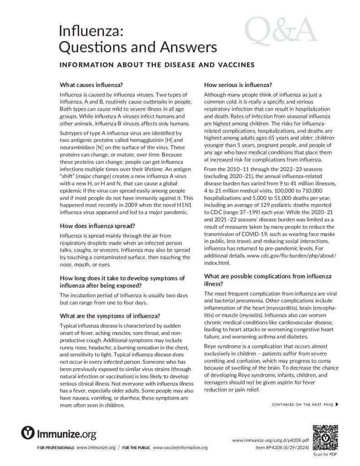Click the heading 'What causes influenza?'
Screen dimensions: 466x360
point(91,85)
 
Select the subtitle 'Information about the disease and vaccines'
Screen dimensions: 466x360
point(157,65)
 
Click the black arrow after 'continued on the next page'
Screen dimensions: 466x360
point(337,404)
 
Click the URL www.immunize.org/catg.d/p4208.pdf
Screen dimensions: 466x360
point(270,441)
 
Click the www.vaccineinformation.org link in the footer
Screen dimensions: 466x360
point(183,448)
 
